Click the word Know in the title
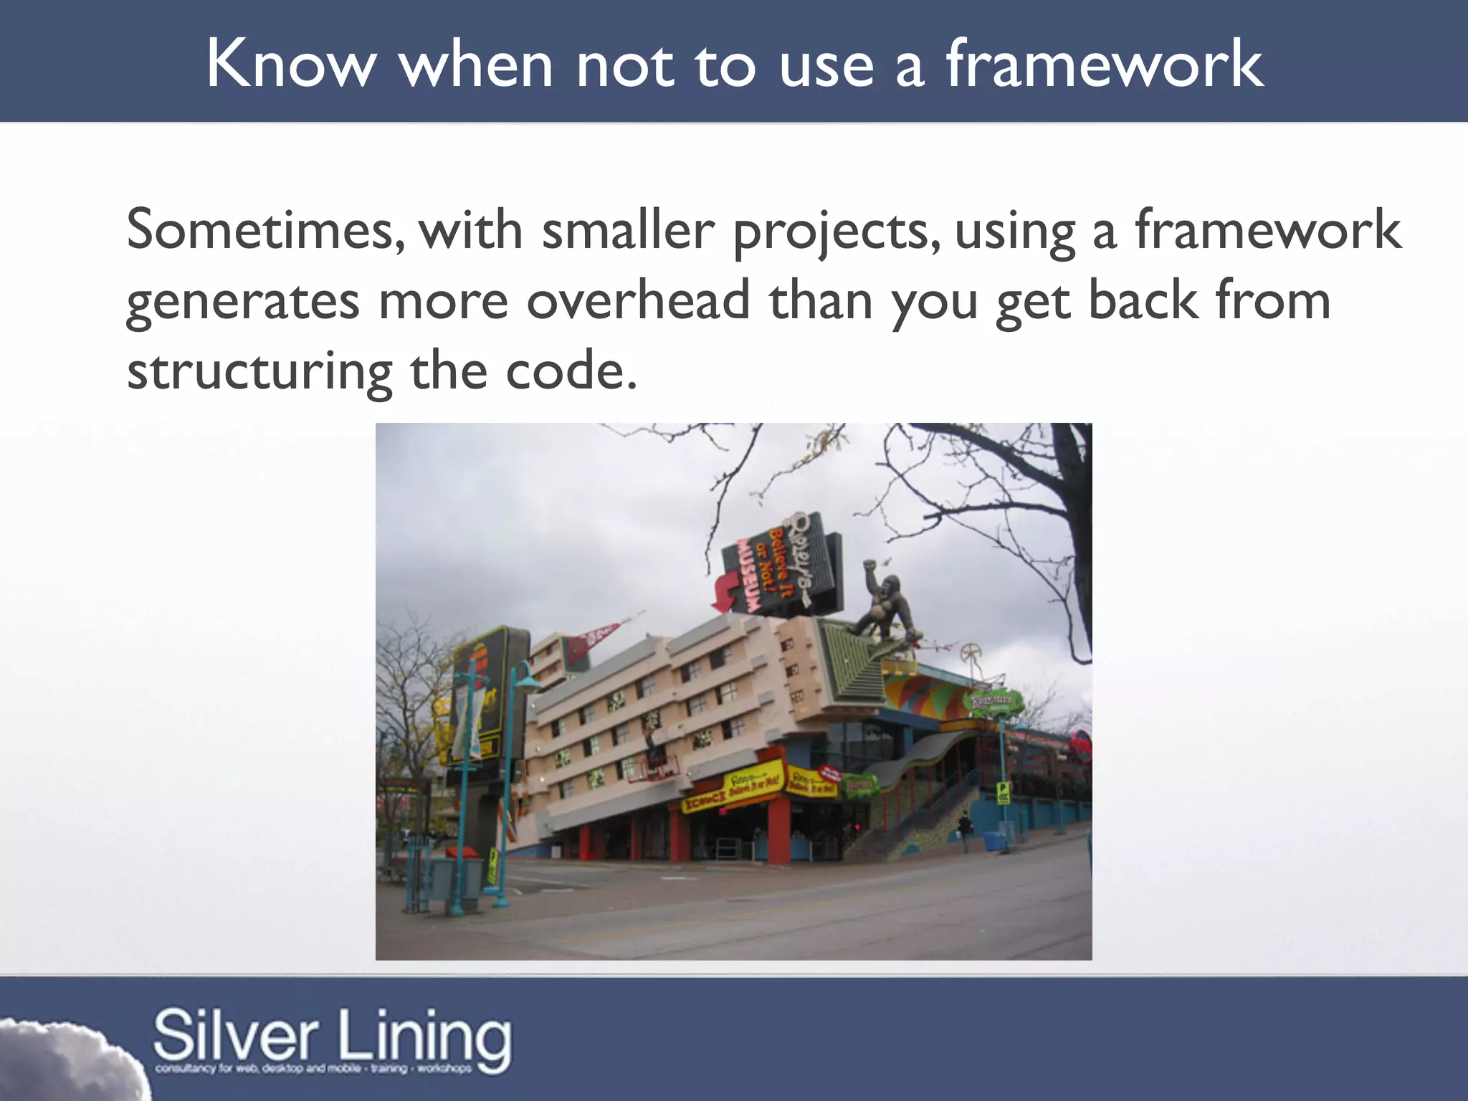(290, 65)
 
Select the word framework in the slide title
(1104, 65)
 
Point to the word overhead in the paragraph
(638, 301)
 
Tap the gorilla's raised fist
(869, 566)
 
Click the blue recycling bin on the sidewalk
(993, 840)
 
